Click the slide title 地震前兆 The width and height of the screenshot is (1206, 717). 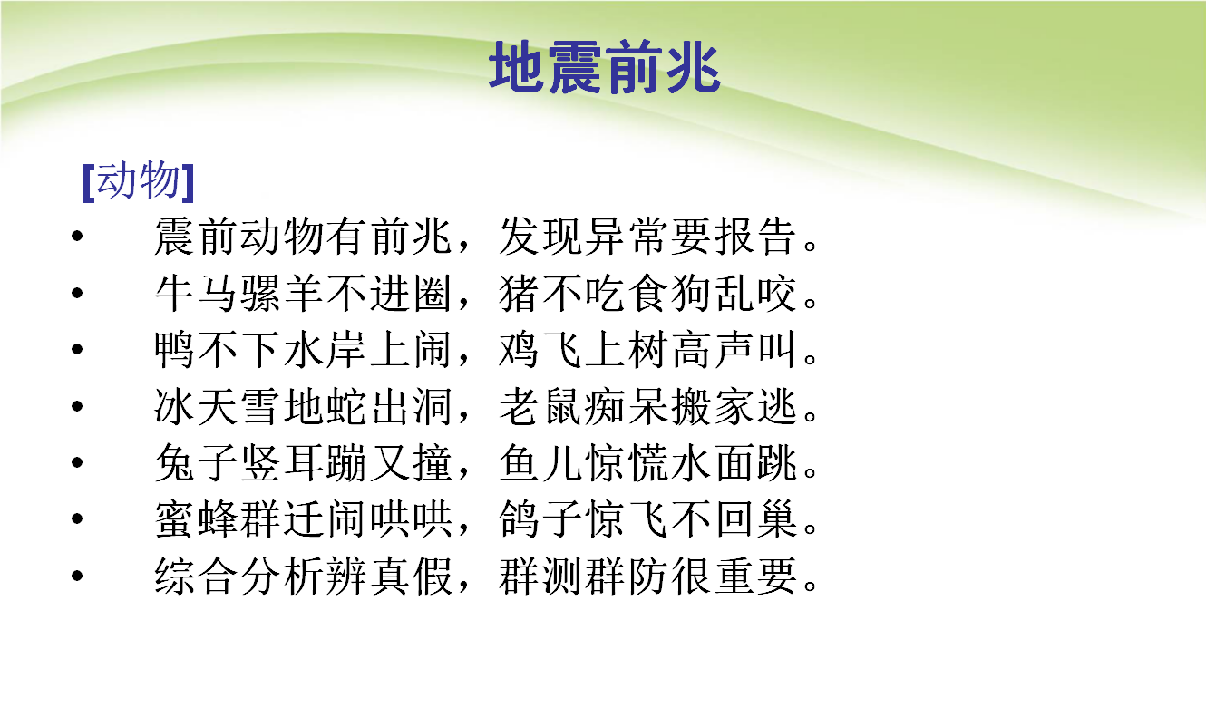tap(605, 67)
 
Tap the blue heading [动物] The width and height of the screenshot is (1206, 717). tap(139, 181)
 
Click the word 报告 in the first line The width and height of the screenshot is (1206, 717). tap(755, 237)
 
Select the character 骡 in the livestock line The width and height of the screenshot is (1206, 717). tap(260, 294)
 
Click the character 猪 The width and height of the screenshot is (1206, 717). tap(519, 294)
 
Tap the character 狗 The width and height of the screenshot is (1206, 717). tap(691, 294)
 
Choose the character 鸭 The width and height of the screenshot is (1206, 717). tap(174, 350)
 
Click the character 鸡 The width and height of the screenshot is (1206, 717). tap(519, 350)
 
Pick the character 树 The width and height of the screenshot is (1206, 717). tap(647, 350)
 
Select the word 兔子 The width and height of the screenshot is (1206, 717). tap(196, 463)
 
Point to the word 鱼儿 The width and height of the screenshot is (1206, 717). tap(540, 463)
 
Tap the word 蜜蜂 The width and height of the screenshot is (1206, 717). tap(196, 519)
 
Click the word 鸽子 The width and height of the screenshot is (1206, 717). tap(540, 519)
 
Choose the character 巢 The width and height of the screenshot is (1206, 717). tap(777, 519)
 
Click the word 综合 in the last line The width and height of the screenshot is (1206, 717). tap(196, 576)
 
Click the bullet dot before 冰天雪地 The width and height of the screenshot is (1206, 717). tap(78, 406)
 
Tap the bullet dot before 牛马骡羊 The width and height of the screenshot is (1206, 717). tap(78, 293)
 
